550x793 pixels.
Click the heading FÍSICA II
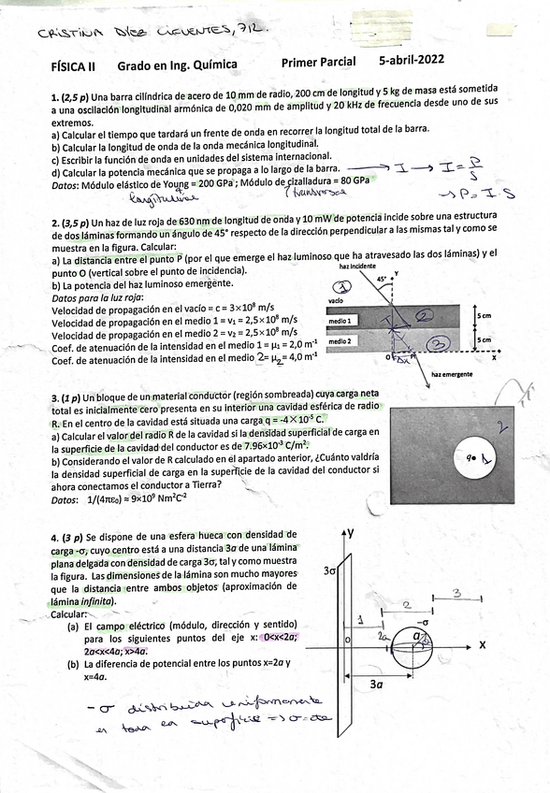(x=73, y=66)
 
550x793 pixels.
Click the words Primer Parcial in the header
(x=318, y=63)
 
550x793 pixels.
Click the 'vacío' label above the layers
(x=337, y=301)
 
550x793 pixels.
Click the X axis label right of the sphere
(x=483, y=645)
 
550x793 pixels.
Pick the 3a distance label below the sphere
(x=375, y=685)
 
